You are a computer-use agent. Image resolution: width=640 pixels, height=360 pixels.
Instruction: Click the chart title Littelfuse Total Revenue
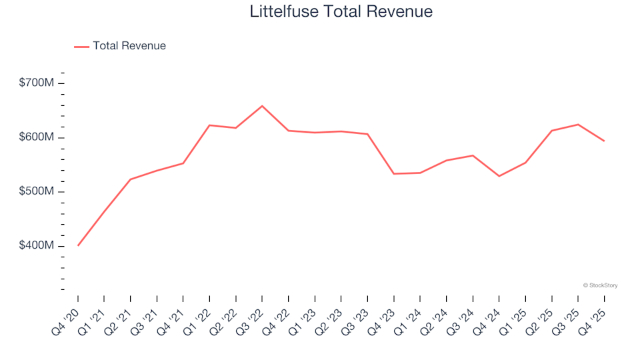[x=341, y=12]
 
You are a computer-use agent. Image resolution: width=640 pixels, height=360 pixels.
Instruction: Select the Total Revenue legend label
[x=129, y=46]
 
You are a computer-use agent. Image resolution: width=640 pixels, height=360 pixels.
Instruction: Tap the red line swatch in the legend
[x=81, y=47]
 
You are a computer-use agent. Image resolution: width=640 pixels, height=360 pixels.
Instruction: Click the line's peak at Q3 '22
[x=262, y=106]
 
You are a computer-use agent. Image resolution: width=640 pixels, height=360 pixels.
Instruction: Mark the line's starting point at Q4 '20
[x=78, y=245]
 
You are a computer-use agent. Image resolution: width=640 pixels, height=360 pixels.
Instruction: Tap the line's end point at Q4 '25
[x=604, y=141]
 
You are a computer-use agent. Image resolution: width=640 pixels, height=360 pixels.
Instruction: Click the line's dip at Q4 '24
[x=499, y=176]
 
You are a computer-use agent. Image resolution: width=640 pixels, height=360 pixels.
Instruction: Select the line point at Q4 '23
[x=393, y=173]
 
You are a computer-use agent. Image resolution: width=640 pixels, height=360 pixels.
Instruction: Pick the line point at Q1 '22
[x=209, y=125]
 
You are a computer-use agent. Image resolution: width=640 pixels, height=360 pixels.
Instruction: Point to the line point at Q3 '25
[x=578, y=124]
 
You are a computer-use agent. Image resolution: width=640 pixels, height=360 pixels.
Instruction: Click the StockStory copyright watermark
[x=600, y=285]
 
